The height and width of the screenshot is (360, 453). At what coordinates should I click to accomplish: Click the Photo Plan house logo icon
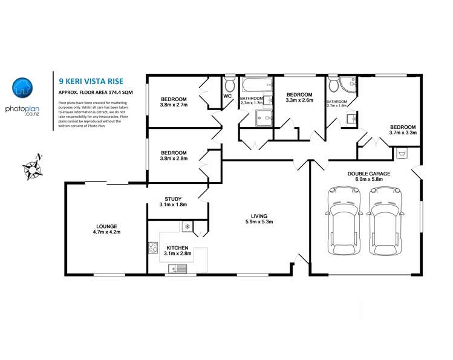point(22,88)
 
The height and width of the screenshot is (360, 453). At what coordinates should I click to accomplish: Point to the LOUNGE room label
point(106,226)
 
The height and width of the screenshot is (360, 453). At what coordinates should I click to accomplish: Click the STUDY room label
point(174,199)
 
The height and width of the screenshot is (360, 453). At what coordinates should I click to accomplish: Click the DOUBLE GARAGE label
point(368,174)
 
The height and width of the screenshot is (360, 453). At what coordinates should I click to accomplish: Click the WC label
point(227,96)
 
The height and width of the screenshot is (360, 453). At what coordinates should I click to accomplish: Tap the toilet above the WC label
point(229,84)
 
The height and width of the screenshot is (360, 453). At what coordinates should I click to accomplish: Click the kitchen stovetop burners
point(153,247)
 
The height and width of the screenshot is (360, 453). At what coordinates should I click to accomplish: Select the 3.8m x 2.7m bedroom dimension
point(174,105)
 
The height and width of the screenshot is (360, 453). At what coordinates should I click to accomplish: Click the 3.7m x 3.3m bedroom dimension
point(403,133)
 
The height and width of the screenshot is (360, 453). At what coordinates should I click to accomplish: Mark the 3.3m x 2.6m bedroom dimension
point(299,101)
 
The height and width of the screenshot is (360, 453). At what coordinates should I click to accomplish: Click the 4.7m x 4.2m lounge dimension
point(106,232)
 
